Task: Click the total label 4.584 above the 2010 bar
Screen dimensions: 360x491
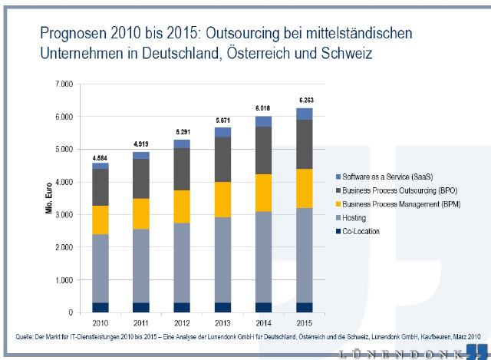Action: pyautogui.click(x=100, y=157)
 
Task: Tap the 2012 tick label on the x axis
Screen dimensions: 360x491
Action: pyautogui.click(x=182, y=323)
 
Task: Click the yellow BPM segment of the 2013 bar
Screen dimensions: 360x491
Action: pyautogui.click(x=222, y=200)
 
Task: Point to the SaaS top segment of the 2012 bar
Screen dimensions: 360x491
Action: pyautogui.click(x=182, y=144)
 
